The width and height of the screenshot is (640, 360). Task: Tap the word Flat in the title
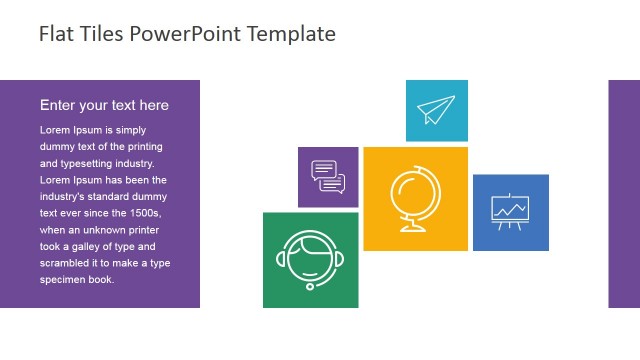coord(56,34)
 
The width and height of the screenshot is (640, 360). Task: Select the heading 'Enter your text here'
coord(104,105)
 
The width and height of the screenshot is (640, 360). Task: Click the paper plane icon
coord(436,110)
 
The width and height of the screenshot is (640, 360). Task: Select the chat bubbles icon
coord(328,176)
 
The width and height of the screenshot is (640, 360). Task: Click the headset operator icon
coord(310,259)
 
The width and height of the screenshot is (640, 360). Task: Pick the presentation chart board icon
coord(510,211)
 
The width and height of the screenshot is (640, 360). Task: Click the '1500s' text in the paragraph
coord(142,213)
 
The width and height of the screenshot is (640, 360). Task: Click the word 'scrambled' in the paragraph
coord(64,263)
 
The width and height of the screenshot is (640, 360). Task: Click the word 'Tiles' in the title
coord(100,34)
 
